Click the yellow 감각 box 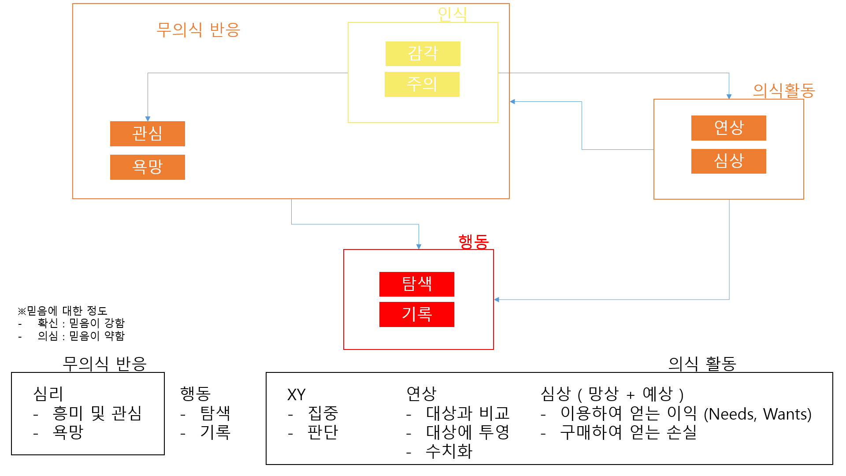(423, 54)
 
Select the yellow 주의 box (422, 84)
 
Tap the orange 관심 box (147, 134)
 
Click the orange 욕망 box (147, 167)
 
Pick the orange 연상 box (728, 128)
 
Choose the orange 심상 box (728, 161)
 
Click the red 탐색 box (416, 284)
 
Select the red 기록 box (416, 314)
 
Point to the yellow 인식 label (452, 15)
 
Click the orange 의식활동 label (783, 91)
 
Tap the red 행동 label (473, 242)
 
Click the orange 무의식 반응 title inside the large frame (198, 30)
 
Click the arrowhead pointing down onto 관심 (148, 119)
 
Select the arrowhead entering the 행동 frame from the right (497, 300)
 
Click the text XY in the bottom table (296, 394)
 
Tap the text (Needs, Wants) (757, 414)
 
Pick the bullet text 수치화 (449, 451)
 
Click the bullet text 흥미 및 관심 (97, 413)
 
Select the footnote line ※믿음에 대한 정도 (63, 311)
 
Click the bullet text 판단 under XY (323, 432)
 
